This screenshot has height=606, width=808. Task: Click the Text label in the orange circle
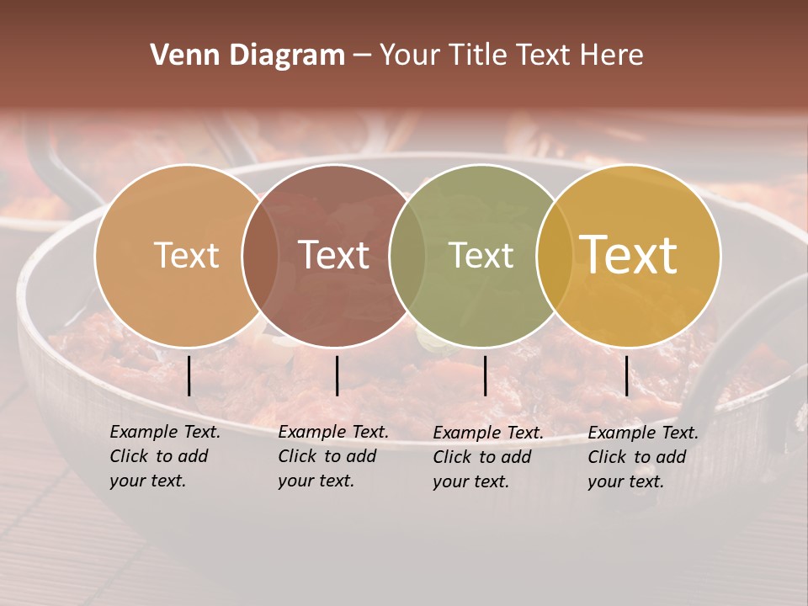[x=186, y=255]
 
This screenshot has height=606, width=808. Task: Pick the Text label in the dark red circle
[x=333, y=255]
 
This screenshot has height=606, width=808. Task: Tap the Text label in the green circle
[x=481, y=255]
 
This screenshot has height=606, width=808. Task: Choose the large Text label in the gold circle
[x=628, y=255]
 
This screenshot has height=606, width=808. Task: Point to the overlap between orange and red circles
[x=260, y=256]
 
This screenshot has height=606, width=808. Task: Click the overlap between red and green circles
[x=407, y=256]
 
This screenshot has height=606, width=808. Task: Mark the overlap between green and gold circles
[x=555, y=256]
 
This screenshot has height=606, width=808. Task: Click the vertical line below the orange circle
[x=189, y=375]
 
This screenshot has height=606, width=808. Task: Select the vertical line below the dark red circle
[x=337, y=375]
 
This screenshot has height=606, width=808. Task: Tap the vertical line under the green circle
[x=486, y=375]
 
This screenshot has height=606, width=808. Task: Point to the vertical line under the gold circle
[x=626, y=375]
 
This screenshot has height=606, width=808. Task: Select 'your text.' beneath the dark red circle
[x=316, y=481]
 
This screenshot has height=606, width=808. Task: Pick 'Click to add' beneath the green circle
[x=481, y=457]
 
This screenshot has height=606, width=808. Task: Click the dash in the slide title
[x=362, y=56]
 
